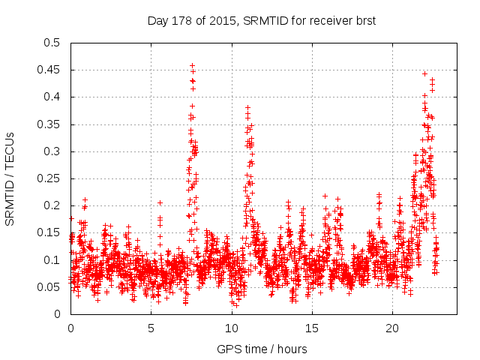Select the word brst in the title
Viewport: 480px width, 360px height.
point(364,21)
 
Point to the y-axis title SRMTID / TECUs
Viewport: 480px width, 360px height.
point(10,178)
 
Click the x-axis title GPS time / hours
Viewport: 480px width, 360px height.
point(262,349)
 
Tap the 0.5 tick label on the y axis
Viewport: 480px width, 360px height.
point(52,43)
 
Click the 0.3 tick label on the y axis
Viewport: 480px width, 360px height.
point(52,151)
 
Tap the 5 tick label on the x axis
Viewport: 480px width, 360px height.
point(151,328)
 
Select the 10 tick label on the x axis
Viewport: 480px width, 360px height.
point(231,328)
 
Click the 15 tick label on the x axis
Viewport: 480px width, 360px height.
point(312,328)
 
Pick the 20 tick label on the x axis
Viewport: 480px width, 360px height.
point(392,328)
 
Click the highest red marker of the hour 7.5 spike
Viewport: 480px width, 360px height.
point(192,65)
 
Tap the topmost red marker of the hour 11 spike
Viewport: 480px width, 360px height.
point(247,107)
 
